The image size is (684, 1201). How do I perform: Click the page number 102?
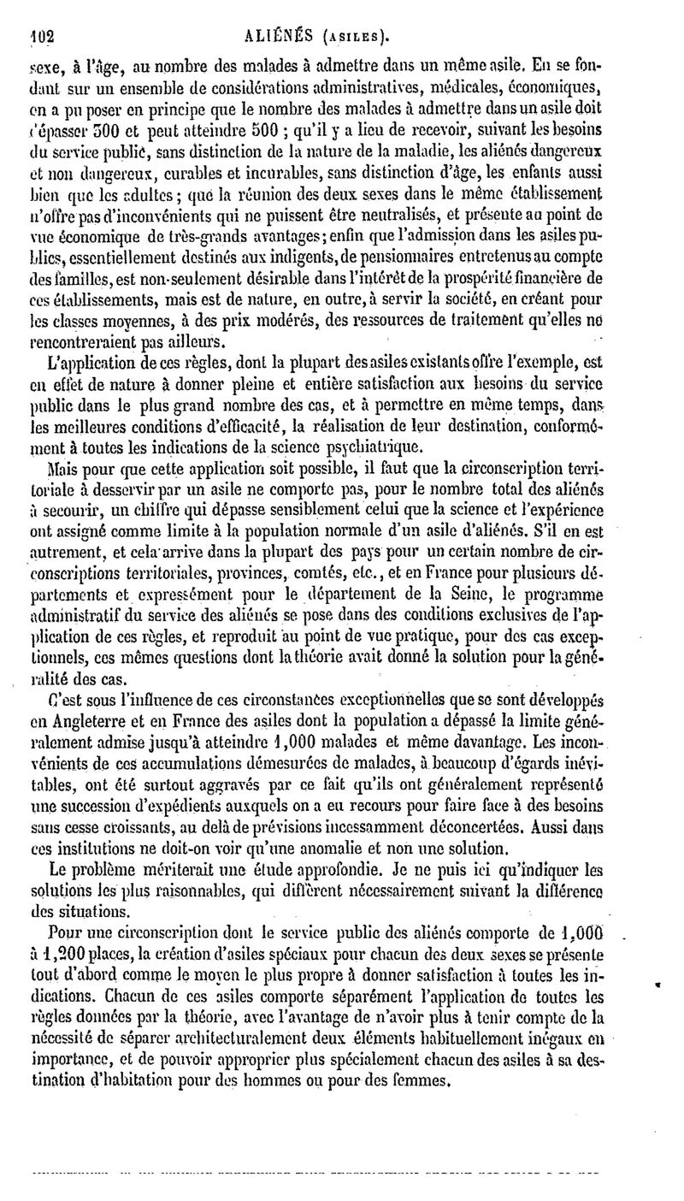point(38,34)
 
